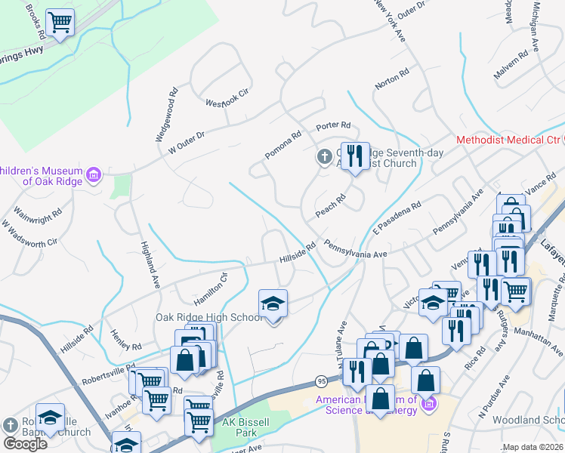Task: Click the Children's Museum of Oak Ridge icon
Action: [94, 175]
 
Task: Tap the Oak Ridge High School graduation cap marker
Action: [273, 305]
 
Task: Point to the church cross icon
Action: [323, 157]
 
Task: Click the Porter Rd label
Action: [334, 125]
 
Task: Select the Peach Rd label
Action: [330, 206]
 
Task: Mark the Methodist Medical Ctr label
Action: [509, 140]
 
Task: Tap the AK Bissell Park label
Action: [239, 427]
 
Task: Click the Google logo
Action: [25, 443]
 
